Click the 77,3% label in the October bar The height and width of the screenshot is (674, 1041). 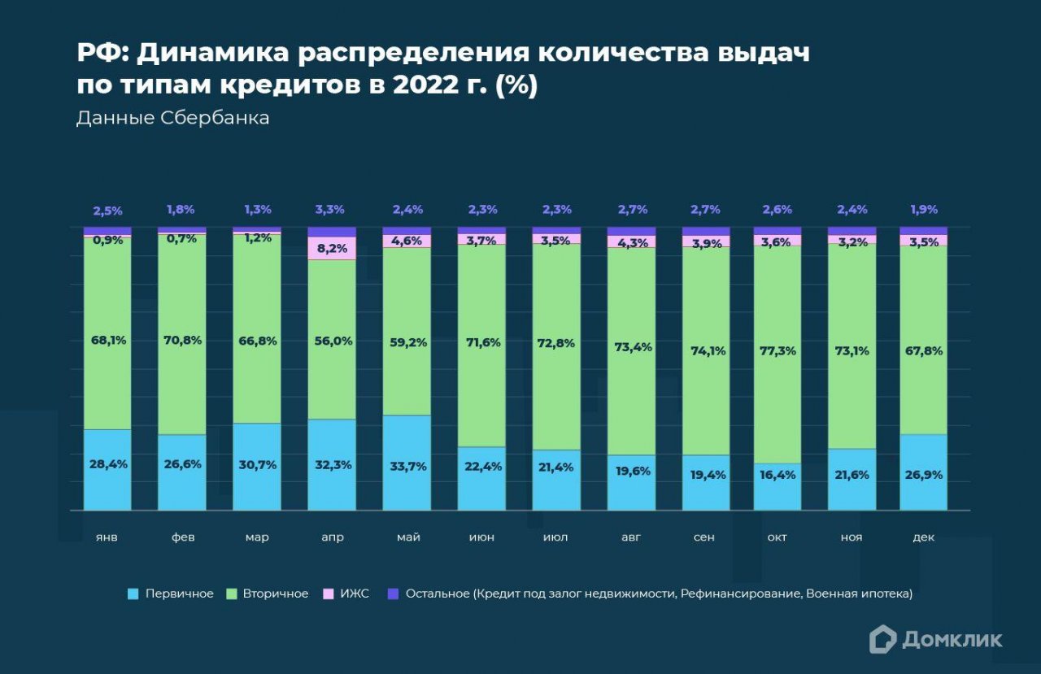tap(777, 351)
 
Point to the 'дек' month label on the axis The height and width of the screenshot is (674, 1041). tap(924, 537)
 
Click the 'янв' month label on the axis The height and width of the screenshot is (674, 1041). tap(107, 537)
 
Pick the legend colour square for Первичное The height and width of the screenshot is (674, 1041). tap(133, 594)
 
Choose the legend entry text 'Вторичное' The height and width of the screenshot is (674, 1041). tap(276, 594)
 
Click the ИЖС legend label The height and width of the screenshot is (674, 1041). tap(355, 594)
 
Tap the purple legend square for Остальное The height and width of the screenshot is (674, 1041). tap(394, 594)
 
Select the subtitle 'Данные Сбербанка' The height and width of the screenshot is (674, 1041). tap(172, 118)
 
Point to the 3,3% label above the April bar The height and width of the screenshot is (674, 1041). tap(332, 210)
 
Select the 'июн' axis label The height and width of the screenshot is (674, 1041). tap(481, 537)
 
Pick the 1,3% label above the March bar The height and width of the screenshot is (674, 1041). tap(257, 210)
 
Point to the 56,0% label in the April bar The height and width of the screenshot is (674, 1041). tap(332, 341)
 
